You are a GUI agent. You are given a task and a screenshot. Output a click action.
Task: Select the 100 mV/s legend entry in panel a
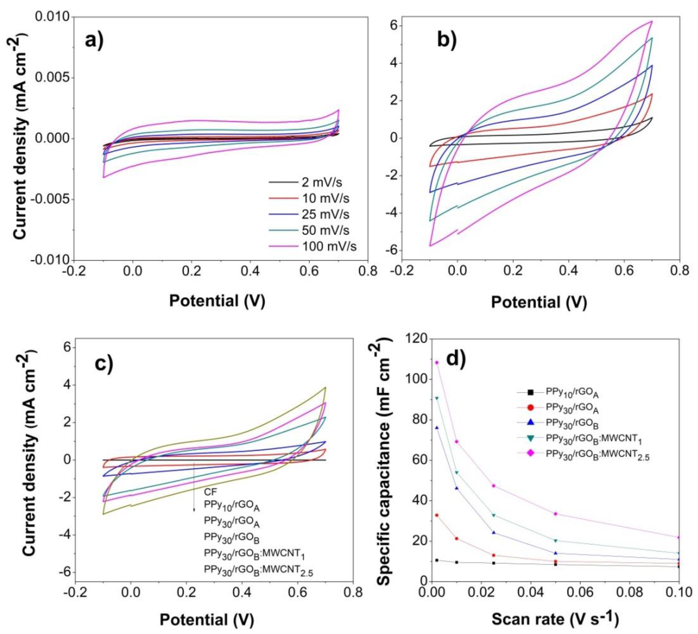pyautogui.click(x=329, y=247)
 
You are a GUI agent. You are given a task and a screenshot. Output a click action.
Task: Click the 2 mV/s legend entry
pyautogui.click(x=322, y=182)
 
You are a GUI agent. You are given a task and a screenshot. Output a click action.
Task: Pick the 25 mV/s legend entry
pyautogui.click(x=325, y=214)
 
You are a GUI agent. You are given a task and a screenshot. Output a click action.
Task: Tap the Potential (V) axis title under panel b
pyautogui.click(x=539, y=302)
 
